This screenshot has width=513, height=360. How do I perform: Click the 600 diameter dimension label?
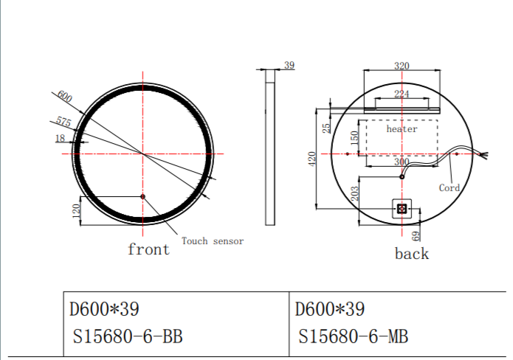(x=64, y=97)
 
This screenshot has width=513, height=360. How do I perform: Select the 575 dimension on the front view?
(x=63, y=121)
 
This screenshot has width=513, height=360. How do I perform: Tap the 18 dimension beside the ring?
(x=61, y=138)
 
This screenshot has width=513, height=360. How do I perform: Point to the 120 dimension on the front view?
(x=76, y=211)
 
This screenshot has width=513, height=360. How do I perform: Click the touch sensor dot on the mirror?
(x=142, y=196)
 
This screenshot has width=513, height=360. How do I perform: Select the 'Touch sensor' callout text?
(x=213, y=241)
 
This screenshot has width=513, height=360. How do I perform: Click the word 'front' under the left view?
(x=149, y=249)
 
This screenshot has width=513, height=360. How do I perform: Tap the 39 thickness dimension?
(x=289, y=65)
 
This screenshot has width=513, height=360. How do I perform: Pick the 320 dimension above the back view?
(x=402, y=66)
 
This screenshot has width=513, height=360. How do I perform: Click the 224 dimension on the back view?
(x=402, y=94)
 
